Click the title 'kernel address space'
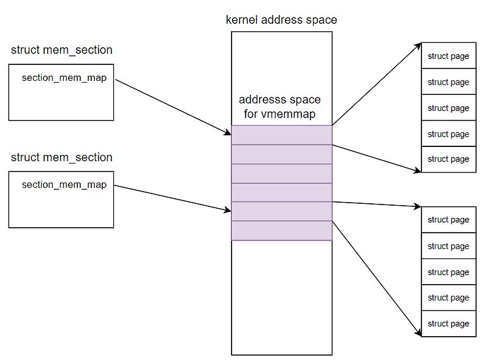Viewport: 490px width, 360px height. point(281,20)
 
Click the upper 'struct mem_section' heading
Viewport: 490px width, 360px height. point(61,50)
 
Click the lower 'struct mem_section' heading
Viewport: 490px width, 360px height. point(61,157)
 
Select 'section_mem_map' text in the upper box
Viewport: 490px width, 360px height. point(64,78)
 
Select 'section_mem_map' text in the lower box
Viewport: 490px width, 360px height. point(64,184)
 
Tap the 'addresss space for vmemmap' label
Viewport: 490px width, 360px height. point(279,106)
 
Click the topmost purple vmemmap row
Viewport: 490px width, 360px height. point(282,135)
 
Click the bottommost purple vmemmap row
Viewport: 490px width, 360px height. point(282,231)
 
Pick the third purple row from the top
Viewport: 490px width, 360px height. point(282,173)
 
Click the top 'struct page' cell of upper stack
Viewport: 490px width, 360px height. point(448,56)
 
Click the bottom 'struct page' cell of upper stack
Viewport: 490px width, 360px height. point(448,159)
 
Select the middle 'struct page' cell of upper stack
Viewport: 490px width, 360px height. point(448,108)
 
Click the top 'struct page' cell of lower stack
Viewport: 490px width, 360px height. point(448,220)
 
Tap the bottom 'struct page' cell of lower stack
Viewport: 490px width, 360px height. point(448,323)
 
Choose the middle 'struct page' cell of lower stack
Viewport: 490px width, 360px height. point(448,272)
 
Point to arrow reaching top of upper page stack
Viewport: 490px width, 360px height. point(377,84)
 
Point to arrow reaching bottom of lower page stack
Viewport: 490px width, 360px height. point(377,279)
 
